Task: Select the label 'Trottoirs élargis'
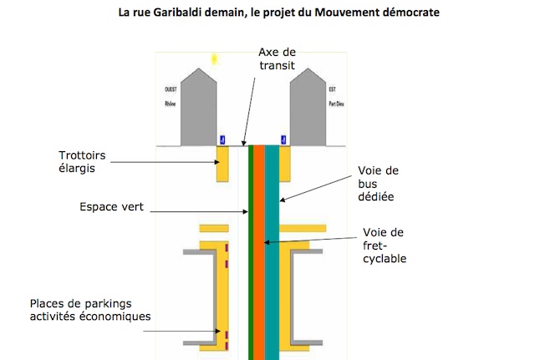tap(82, 160)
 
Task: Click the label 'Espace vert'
tap(111, 206)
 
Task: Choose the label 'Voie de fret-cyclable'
tap(385, 245)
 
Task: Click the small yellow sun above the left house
tap(214, 58)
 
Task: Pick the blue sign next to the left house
tap(222, 139)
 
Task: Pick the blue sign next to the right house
tap(283, 139)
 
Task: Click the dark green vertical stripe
tap(250, 251)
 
